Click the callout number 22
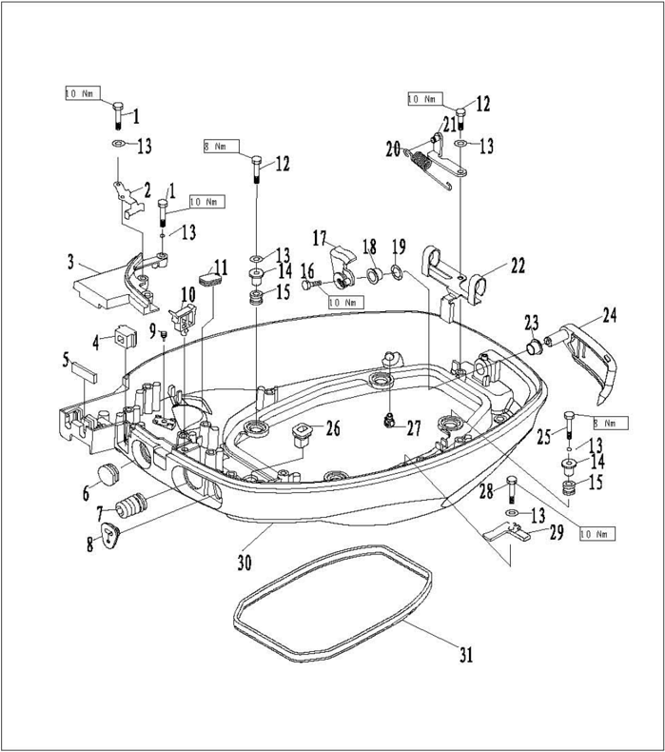coord(517,267)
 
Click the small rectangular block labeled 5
coord(83,367)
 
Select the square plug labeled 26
coord(303,434)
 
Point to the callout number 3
coord(70,260)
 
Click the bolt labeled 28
coord(511,488)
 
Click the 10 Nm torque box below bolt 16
coord(344,302)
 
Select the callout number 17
coord(319,237)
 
